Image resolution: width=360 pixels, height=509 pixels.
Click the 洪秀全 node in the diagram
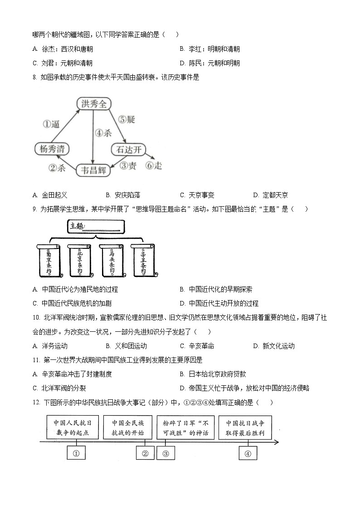click(x=93, y=104)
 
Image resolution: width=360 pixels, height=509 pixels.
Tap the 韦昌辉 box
click(x=94, y=170)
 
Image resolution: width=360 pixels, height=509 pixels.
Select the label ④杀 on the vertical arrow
click(x=103, y=133)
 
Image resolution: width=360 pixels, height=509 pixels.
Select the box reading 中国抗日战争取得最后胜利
click(x=245, y=427)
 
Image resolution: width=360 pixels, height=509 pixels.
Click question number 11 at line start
click(x=36, y=360)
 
